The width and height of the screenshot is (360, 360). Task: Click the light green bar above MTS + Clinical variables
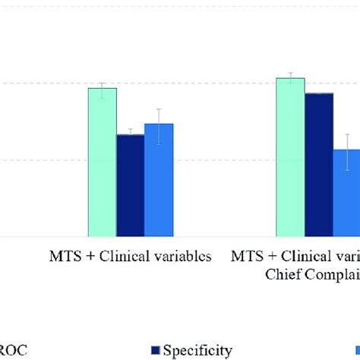tap(103, 163)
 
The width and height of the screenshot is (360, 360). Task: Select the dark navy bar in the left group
tap(130, 186)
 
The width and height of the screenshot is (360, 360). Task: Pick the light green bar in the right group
tap(290, 157)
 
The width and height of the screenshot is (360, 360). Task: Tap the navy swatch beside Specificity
tap(156, 350)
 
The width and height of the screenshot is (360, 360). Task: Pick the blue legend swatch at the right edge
tap(355, 350)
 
